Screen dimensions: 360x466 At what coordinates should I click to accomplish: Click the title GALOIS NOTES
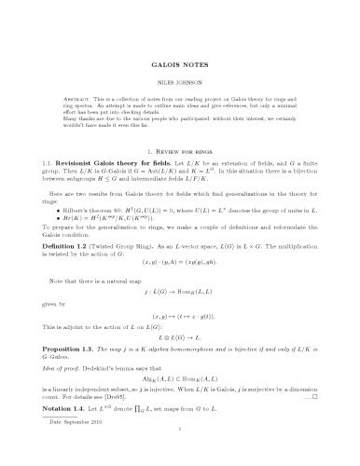[179, 68]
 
